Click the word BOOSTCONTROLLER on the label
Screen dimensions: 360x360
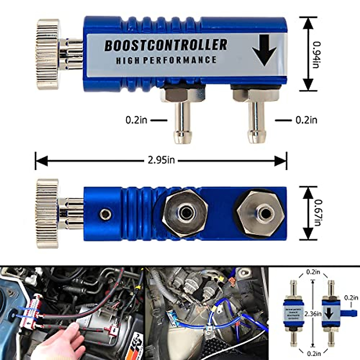(x=166, y=45)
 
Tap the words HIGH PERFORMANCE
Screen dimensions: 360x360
(x=166, y=60)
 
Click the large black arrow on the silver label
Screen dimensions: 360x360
(x=263, y=50)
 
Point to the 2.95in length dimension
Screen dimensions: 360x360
(x=161, y=161)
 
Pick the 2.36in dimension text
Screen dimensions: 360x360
(x=312, y=314)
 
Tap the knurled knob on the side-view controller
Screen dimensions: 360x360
(x=48, y=54)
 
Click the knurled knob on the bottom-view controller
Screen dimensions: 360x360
(x=47, y=214)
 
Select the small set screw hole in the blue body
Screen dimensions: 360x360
(x=105, y=214)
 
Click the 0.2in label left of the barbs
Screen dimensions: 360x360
(x=136, y=120)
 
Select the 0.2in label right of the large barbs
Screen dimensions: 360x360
(x=306, y=120)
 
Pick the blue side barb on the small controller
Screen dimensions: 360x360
(x=349, y=313)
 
